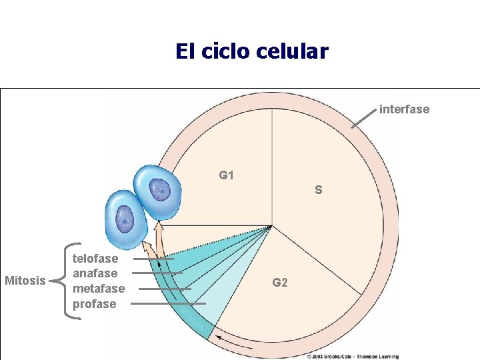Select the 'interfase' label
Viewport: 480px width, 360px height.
point(404,109)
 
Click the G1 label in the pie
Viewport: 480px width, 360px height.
point(227,175)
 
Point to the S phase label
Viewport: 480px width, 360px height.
point(319,190)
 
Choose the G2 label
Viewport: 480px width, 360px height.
point(280,283)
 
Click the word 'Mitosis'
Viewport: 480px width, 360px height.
point(24,280)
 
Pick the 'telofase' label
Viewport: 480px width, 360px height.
point(95,259)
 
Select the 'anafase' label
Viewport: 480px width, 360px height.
point(95,273)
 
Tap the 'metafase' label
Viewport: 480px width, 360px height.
point(98,289)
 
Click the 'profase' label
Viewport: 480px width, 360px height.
point(94,304)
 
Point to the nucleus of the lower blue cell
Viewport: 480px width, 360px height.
point(125,218)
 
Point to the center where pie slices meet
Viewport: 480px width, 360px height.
point(271,226)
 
